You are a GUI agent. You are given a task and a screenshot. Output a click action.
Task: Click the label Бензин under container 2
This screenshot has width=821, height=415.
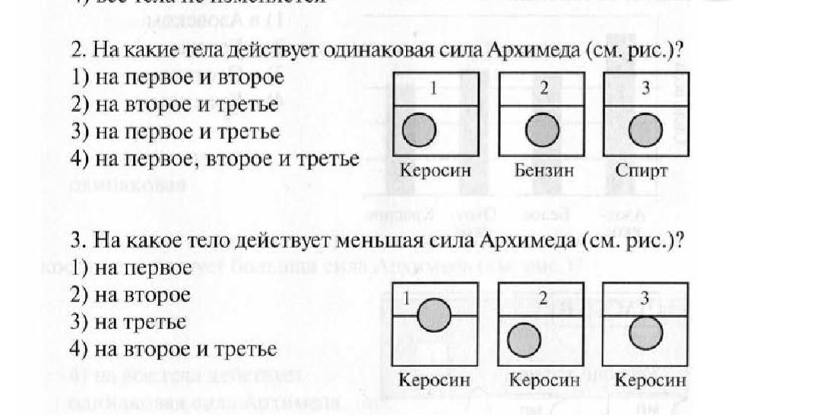click(x=544, y=171)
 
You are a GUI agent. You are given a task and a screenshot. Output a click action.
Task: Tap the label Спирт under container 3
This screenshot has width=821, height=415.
click(x=642, y=171)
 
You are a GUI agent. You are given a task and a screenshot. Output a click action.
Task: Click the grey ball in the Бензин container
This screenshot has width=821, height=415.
click(x=542, y=131)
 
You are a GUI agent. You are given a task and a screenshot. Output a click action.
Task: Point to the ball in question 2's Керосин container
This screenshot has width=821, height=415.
click(x=418, y=131)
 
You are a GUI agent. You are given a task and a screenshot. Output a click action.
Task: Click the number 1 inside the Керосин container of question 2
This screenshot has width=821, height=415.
click(x=433, y=88)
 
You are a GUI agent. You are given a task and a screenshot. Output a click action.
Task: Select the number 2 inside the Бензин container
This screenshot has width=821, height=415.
click(x=544, y=88)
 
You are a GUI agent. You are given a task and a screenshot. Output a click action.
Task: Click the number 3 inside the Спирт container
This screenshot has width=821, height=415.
click(x=645, y=88)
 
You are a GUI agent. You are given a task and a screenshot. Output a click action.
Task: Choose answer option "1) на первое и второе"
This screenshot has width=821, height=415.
click(x=178, y=78)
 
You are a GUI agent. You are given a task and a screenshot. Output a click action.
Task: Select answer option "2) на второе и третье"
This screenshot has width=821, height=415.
click(x=176, y=104)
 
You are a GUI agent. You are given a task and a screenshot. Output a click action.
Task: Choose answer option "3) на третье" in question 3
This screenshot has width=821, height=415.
click(x=129, y=322)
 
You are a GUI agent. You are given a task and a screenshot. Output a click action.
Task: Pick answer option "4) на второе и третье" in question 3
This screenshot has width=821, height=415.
click(x=174, y=350)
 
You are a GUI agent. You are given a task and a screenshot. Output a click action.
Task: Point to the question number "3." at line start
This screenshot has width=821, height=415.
click(x=77, y=242)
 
